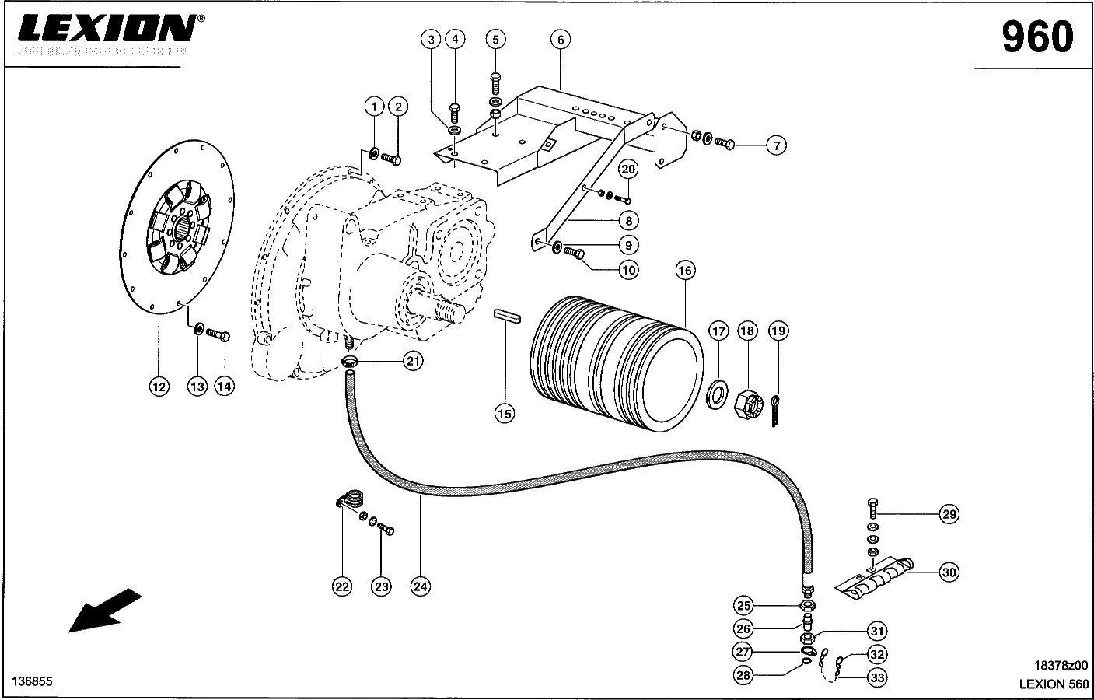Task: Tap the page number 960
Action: click(1036, 37)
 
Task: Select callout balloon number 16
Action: click(685, 271)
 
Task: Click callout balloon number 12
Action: click(159, 386)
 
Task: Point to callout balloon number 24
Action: click(420, 586)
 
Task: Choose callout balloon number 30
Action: click(949, 573)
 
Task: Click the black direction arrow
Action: click(105, 611)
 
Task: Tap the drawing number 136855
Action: click(32, 681)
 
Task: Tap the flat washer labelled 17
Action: click(717, 394)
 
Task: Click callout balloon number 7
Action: click(774, 145)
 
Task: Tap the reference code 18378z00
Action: click(1061, 665)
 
